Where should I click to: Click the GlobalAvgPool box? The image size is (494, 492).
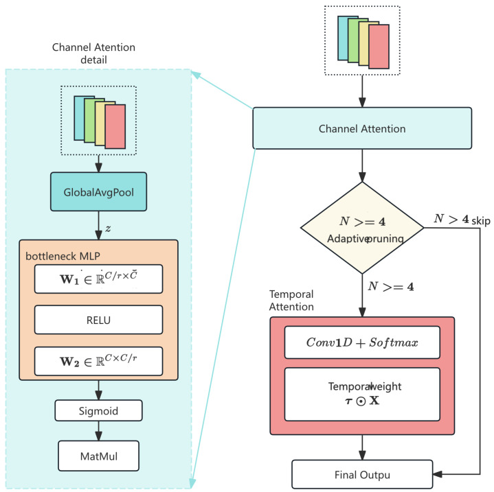point(99,191)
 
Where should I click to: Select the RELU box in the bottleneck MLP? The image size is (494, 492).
point(99,320)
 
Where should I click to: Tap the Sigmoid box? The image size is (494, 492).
point(99,410)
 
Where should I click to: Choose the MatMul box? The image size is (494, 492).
point(99,456)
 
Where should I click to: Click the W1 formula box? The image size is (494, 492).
point(99,279)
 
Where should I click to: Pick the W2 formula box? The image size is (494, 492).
point(99,361)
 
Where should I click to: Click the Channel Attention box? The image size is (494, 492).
point(362,128)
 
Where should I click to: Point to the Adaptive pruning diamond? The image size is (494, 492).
point(362,228)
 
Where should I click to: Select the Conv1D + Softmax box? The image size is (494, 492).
point(362,342)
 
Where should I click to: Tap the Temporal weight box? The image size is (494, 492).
point(362,394)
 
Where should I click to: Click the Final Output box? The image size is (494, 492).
point(362,474)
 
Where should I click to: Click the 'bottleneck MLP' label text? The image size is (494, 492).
point(63,256)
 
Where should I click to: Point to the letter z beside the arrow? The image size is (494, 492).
point(108,229)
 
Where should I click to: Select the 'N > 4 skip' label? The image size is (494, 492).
point(462,220)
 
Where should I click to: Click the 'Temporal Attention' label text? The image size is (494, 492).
point(291,301)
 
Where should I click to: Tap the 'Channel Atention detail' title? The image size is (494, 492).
point(93,54)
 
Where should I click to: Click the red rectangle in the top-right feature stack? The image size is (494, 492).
point(379,47)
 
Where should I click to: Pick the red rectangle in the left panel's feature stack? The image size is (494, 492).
point(115,126)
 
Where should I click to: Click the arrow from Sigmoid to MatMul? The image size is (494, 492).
point(99,431)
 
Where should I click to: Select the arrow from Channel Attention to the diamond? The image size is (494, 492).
point(362,165)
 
